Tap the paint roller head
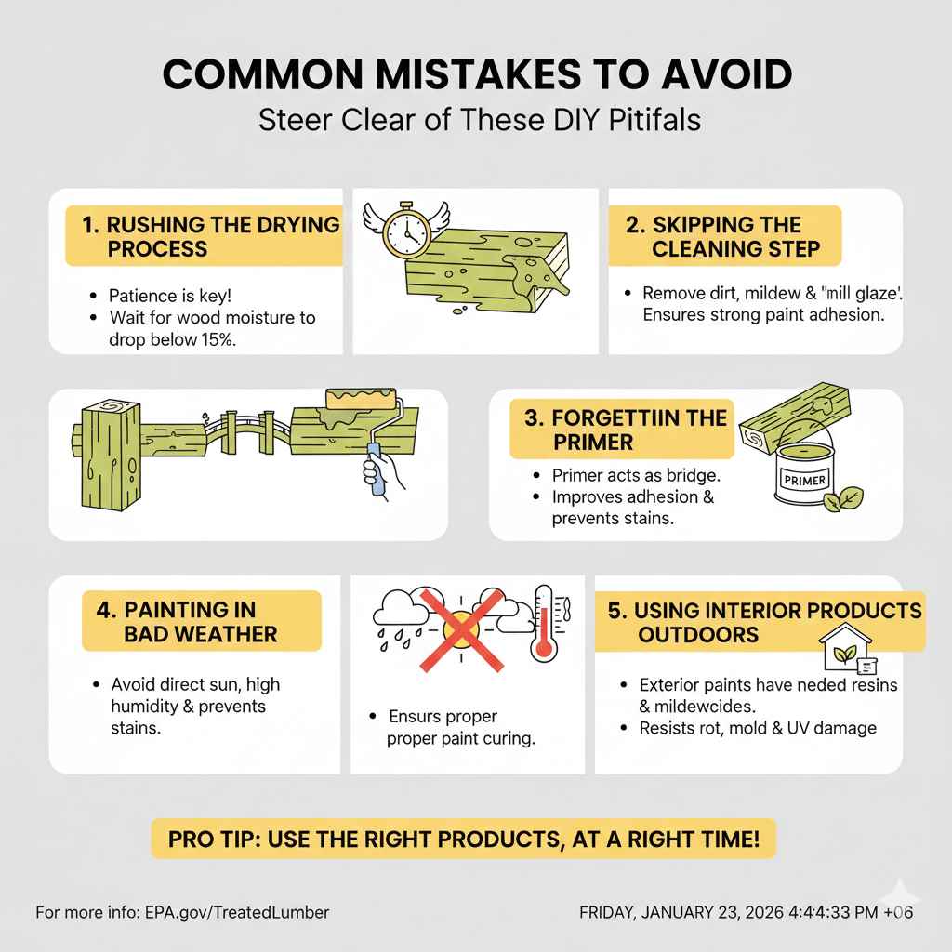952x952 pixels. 363,400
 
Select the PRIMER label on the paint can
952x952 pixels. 804,481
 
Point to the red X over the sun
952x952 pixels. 461,629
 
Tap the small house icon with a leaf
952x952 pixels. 847,648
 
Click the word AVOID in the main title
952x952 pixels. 726,74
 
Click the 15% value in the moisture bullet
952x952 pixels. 218,339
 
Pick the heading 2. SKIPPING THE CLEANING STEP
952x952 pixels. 723,236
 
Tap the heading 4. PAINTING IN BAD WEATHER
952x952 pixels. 187,622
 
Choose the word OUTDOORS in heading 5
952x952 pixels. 698,634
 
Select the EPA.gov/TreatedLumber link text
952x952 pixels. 237,912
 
